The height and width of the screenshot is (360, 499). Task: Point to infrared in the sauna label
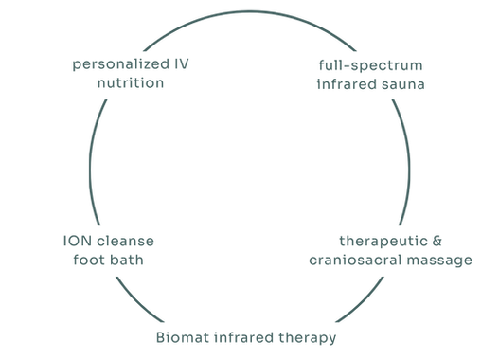coord(349,84)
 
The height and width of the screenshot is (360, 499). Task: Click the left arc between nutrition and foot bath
coord(90,161)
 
